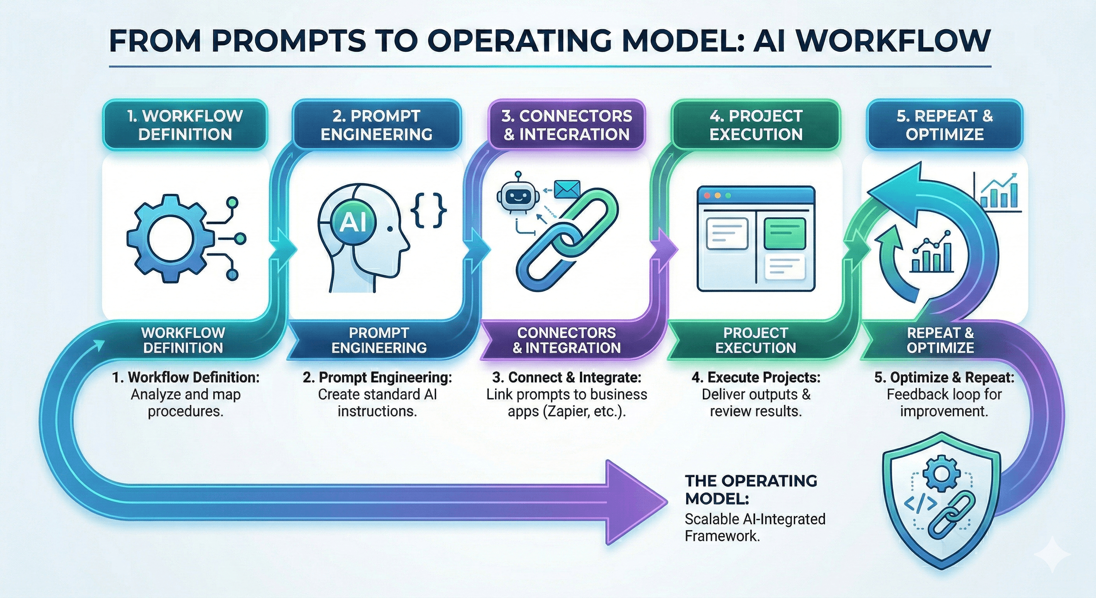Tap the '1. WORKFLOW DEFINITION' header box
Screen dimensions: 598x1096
pos(185,125)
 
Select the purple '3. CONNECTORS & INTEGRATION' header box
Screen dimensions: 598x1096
pos(567,125)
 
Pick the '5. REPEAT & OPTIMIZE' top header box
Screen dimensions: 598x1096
pos(945,125)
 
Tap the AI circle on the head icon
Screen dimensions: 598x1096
pos(353,222)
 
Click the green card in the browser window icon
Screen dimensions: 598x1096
pos(785,233)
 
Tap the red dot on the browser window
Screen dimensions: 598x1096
pos(708,195)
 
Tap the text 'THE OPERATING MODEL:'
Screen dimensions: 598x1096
pos(750,489)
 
